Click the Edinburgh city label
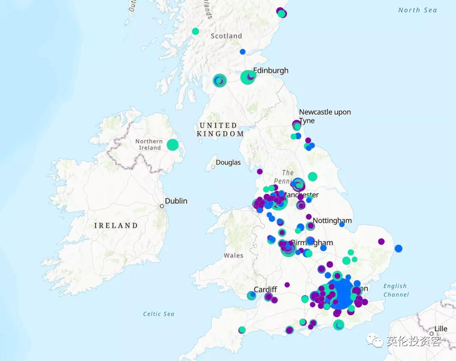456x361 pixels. click(x=271, y=70)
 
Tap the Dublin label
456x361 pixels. click(x=176, y=201)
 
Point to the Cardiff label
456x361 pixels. click(x=265, y=289)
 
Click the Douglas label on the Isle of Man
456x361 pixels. click(x=228, y=162)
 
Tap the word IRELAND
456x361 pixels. click(x=116, y=225)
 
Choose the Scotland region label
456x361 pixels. click(x=226, y=36)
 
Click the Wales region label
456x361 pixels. click(x=234, y=255)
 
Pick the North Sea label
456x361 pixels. click(x=417, y=10)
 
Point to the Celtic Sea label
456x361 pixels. click(x=159, y=314)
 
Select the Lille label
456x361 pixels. click(x=441, y=329)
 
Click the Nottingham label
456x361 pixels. click(x=332, y=221)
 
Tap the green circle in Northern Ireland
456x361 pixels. click(x=173, y=145)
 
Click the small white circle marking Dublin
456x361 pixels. click(x=162, y=206)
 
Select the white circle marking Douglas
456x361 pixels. click(x=213, y=167)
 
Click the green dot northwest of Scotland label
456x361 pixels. click(x=195, y=31)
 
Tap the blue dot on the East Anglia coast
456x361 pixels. click(x=398, y=248)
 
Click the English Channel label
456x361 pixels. click(x=396, y=290)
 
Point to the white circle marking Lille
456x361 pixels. click(x=431, y=333)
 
